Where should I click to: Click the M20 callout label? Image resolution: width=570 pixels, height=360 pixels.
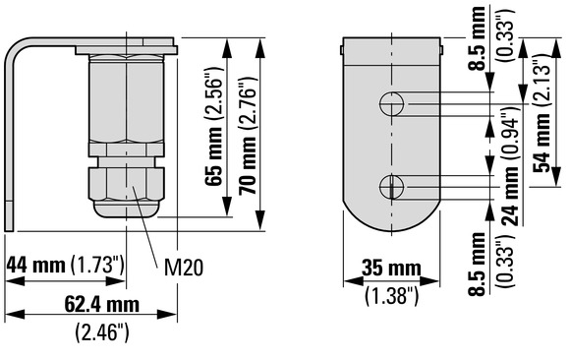183,268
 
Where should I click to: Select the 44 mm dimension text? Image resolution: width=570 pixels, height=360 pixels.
35,265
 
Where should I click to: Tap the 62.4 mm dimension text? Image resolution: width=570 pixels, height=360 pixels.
102,304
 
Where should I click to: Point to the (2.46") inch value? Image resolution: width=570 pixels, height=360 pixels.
102,332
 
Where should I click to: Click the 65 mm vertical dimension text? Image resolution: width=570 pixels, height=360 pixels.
214,157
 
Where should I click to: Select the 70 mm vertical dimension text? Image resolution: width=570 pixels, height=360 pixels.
248,165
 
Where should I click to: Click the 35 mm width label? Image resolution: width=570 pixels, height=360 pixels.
391,269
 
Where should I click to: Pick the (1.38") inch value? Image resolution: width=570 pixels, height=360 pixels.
392,295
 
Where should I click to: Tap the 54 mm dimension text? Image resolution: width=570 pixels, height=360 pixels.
541,143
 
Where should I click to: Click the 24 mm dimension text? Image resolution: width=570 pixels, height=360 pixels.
510,196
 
